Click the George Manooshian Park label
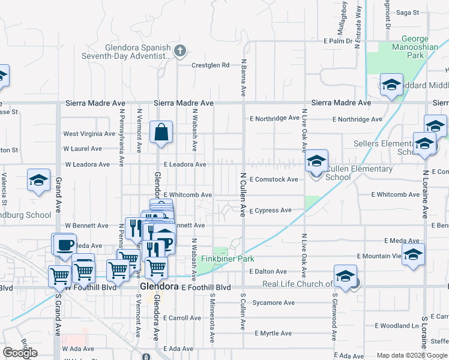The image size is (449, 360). (x=407, y=47)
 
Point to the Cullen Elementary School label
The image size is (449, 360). (x=359, y=173)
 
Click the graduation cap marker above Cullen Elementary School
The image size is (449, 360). (x=316, y=161)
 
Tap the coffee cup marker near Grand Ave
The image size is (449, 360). (x=65, y=244)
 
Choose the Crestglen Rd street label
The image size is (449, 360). (x=211, y=65)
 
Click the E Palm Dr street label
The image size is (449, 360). (x=337, y=41)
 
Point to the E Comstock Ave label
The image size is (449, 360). (x=274, y=179)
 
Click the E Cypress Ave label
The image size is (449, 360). (x=270, y=211)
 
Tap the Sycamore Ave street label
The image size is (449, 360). (x=273, y=302)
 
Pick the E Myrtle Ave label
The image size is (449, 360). (x=273, y=333)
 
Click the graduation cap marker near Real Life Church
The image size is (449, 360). (x=346, y=277)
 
